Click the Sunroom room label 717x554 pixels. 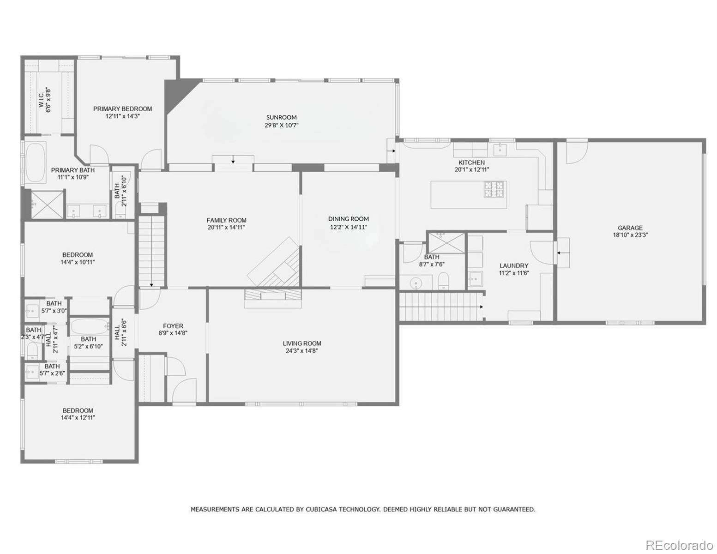pos(282,117)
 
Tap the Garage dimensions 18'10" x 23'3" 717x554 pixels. pos(631,235)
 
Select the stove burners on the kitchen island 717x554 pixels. pos(494,189)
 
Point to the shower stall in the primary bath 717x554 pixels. pos(47,205)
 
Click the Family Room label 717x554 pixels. pos(226,220)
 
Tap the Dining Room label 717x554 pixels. pos(349,219)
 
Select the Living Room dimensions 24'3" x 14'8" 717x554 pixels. pos(301,351)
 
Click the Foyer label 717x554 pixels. pos(173,326)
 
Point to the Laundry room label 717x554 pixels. pos(514,265)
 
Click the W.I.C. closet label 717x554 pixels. pos(41,100)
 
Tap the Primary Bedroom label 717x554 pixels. pos(122,108)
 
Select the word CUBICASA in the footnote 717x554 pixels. pos(321,510)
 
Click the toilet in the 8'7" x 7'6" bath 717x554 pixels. pos(444,281)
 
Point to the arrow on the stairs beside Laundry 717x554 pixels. pos(482,307)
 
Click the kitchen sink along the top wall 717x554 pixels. pos(500,150)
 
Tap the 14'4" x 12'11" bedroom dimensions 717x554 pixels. pos(78,417)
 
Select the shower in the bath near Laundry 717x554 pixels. pos(446,243)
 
